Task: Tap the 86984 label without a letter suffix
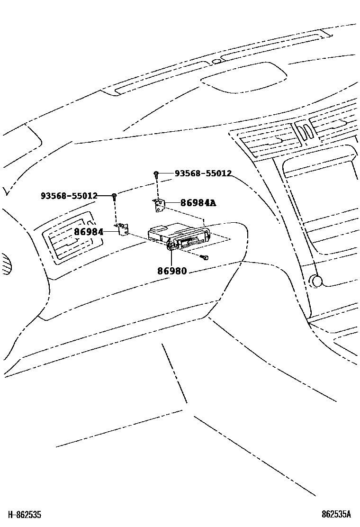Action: [x=89, y=232]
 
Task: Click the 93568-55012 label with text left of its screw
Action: [x=69, y=196]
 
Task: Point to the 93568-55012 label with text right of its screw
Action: [x=203, y=173]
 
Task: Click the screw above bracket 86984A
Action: [x=156, y=174]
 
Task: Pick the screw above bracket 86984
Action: [x=114, y=196]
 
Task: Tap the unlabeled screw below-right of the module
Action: [x=205, y=257]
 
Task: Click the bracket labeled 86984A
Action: [x=160, y=205]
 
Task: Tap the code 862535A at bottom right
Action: [x=336, y=514]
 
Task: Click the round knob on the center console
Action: [x=316, y=281]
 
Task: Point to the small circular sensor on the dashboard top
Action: [x=216, y=61]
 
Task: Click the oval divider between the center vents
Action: [x=304, y=130]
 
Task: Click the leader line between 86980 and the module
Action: [x=171, y=258]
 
